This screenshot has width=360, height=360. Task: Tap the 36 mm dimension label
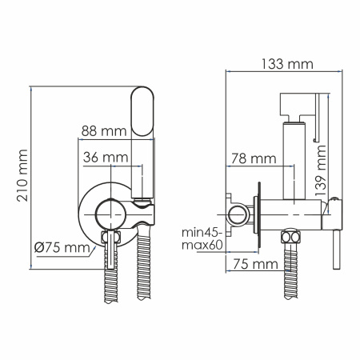pos(106,157)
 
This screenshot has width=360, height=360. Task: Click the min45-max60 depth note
pos(204,238)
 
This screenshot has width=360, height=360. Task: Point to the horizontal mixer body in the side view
pos(296,214)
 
